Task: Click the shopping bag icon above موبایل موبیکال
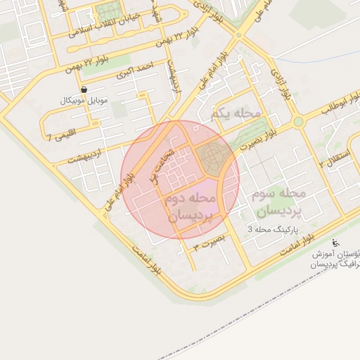point(84,90)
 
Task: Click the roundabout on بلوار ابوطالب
point(298,122)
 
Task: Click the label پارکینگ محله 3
point(277,229)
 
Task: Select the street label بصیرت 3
point(210,243)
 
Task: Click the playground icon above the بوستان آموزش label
point(335,243)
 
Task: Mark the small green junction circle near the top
point(239,34)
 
